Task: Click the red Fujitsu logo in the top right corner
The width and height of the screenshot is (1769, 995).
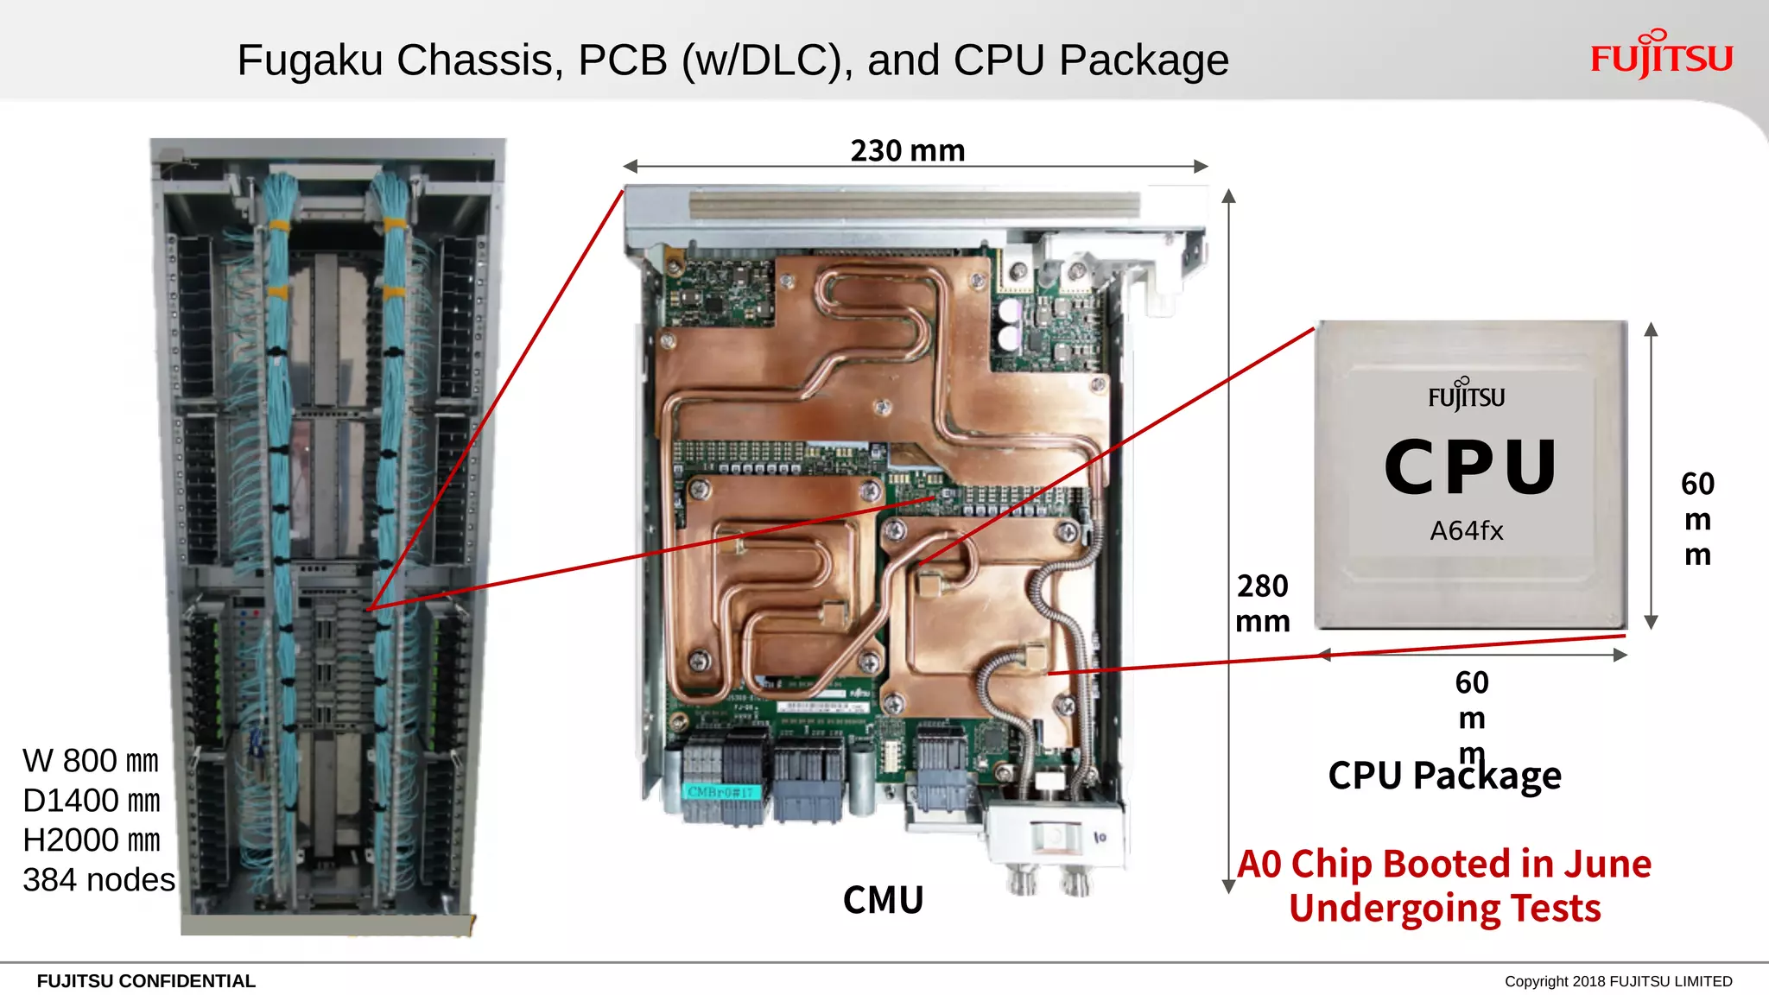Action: click(1660, 55)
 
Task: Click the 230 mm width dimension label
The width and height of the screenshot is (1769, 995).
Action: click(907, 150)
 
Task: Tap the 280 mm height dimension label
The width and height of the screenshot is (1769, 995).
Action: click(1262, 603)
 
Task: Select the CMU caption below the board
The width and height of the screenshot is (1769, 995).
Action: click(883, 900)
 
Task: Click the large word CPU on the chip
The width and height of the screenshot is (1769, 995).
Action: click(1470, 467)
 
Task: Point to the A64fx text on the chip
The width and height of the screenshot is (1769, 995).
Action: click(1466, 530)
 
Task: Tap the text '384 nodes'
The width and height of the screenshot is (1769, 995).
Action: click(98, 880)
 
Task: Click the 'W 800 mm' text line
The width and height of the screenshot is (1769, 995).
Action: click(91, 761)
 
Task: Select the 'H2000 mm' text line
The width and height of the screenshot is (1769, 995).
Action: click(91, 840)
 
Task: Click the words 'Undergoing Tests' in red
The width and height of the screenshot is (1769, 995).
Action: click(1444, 909)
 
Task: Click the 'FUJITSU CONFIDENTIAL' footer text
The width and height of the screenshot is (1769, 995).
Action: click(146, 981)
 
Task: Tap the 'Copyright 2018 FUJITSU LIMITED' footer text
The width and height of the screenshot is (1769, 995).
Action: click(1618, 981)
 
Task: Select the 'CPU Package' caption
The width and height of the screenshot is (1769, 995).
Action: click(1444, 776)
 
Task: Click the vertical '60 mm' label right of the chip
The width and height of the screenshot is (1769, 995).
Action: click(1697, 518)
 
